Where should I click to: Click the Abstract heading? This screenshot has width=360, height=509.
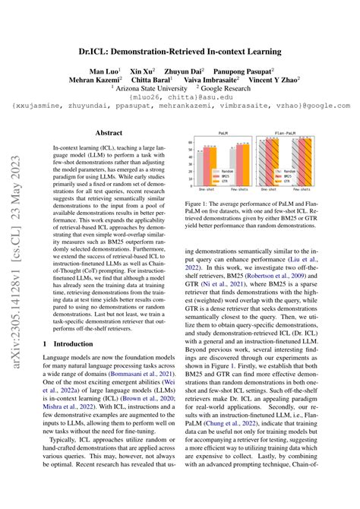coord(106,131)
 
